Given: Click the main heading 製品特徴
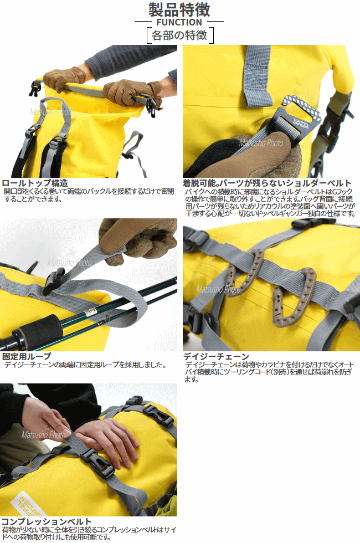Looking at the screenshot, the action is click(x=179, y=10).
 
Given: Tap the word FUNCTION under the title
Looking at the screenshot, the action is click(x=179, y=22).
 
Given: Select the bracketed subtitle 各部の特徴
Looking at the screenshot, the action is click(x=179, y=35).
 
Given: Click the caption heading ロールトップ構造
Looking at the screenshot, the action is click(x=35, y=183).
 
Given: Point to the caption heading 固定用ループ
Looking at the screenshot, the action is click(x=27, y=356).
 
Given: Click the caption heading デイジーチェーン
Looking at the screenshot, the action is click(x=216, y=356).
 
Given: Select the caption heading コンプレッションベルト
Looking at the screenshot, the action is click(x=47, y=521).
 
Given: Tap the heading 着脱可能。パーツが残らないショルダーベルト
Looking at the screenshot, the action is click(x=267, y=183).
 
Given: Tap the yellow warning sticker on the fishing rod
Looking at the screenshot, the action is click(x=90, y=311).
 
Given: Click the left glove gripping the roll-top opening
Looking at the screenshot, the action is click(x=64, y=78).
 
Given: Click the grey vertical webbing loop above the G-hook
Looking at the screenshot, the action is click(x=257, y=75).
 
